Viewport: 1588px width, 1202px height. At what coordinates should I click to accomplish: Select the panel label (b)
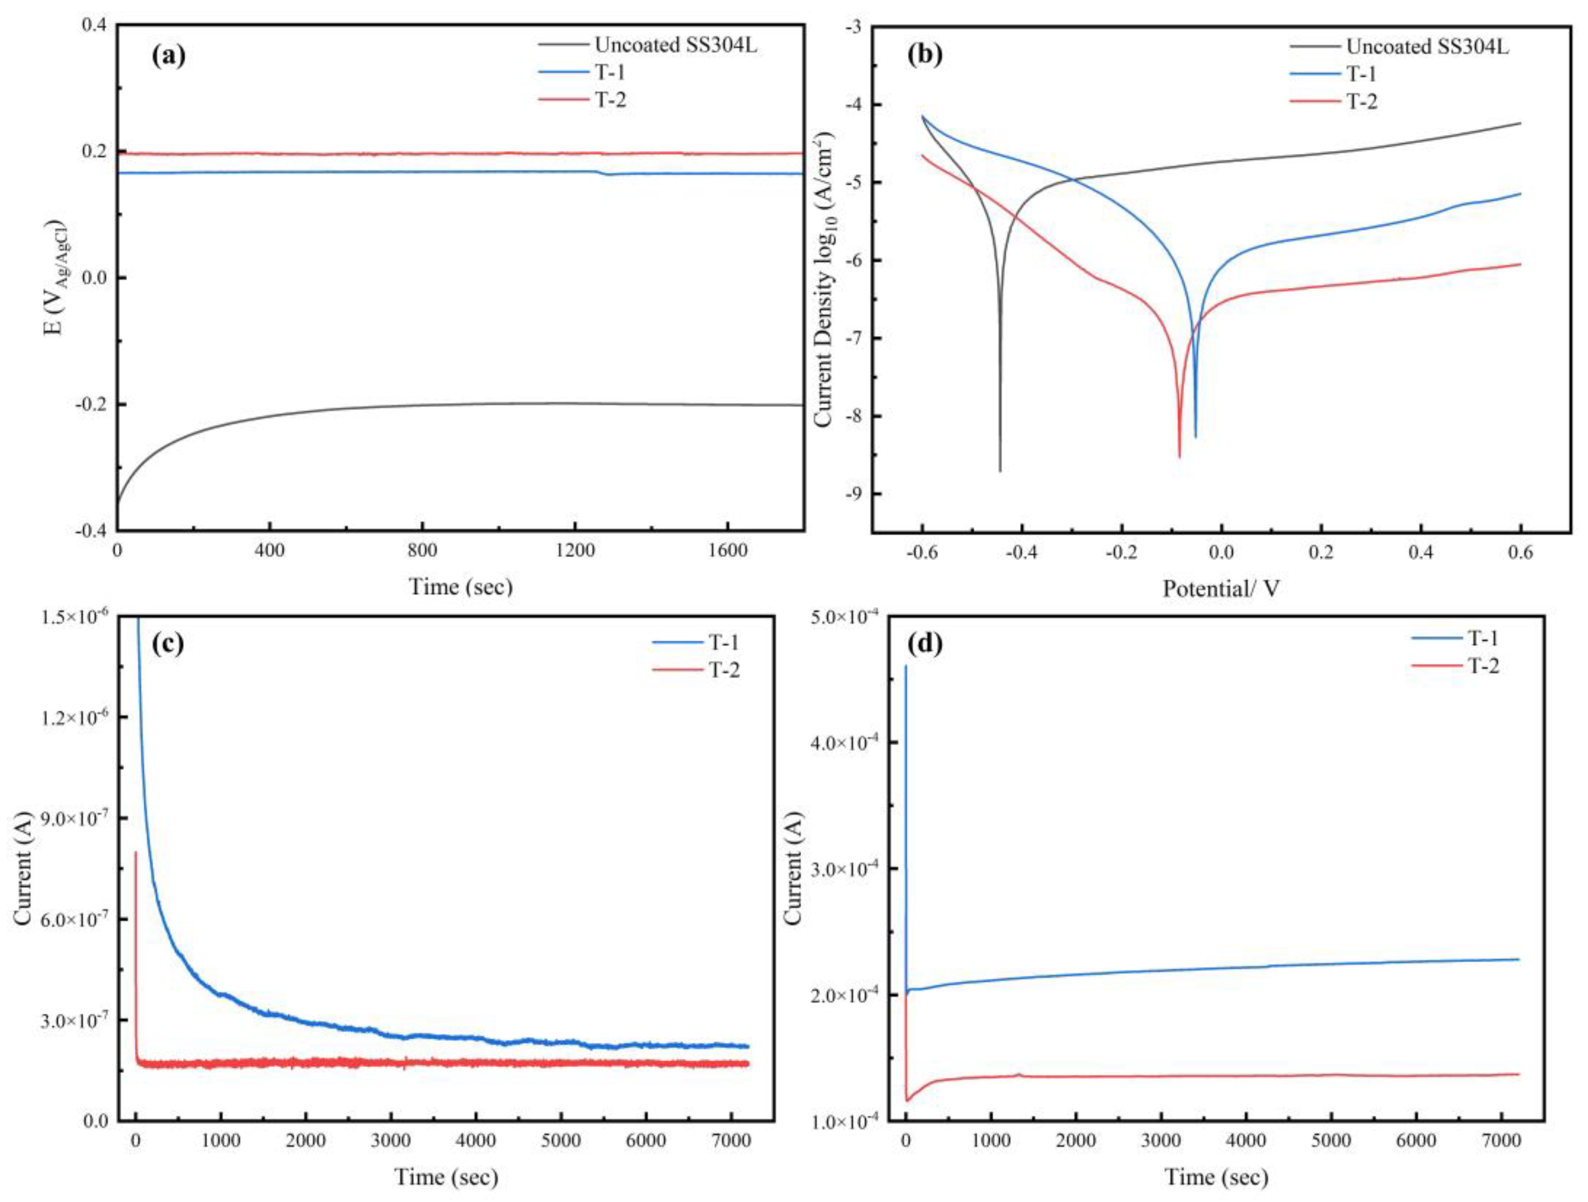[x=924, y=56]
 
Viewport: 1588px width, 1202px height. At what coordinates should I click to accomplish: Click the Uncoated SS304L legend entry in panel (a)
[x=675, y=45]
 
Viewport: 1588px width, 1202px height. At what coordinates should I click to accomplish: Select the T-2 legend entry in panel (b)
[x=1361, y=101]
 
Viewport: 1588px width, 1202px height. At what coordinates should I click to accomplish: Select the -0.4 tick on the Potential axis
[x=1021, y=552]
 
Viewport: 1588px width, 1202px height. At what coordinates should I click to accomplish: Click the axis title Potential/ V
[x=1220, y=589]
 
